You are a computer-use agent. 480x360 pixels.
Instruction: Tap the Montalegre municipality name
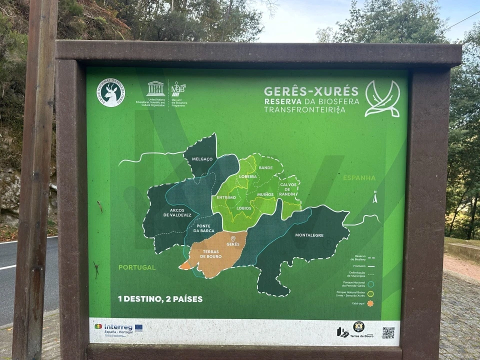[x=309, y=235]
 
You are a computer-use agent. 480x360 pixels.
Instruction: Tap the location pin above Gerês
[x=233, y=238]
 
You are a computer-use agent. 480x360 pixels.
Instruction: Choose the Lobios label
[x=244, y=208]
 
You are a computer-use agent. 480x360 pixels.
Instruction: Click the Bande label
[x=266, y=168]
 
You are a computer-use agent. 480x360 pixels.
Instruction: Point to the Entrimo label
[x=226, y=197]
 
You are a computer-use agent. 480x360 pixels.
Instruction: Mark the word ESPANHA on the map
[x=359, y=178]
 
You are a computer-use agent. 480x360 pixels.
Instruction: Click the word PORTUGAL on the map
[x=136, y=267]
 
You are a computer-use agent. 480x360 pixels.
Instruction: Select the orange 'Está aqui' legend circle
[x=370, y=303]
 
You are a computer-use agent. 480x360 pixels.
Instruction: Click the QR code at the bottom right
[x=388, y=332]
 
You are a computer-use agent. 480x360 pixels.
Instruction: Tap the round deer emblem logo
[x=111, y=92]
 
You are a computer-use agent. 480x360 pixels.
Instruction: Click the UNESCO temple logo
[x=155, y=88]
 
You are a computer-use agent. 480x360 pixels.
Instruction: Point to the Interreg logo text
[x=118, y=327]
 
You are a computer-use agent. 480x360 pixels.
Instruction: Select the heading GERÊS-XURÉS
[x=311, y=91]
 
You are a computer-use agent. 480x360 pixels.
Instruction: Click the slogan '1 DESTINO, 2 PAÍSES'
[x=160, y=299]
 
